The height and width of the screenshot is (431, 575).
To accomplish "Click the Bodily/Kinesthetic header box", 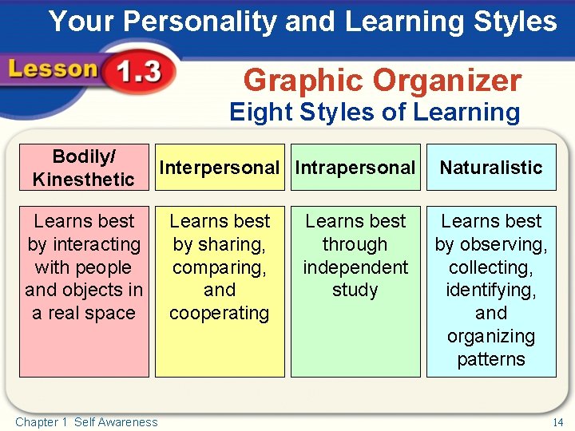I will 83,167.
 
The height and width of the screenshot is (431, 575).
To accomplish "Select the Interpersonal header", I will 220,168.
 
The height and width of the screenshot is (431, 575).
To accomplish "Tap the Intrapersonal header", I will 355,168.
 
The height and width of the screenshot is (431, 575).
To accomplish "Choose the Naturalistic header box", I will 490,168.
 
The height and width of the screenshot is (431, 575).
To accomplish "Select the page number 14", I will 557,421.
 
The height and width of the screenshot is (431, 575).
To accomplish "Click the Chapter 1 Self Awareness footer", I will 86,422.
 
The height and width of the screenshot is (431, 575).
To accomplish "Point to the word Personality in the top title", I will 196,22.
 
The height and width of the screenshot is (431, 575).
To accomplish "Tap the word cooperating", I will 220,313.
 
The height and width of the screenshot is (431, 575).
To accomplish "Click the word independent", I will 355,267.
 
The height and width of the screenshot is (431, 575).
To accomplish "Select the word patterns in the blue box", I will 491,359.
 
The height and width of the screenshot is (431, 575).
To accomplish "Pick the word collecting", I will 491,267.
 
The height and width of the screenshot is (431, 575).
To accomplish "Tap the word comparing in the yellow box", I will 220,267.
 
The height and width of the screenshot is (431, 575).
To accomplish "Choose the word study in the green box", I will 355,290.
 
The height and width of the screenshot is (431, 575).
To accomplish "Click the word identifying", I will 491,290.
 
